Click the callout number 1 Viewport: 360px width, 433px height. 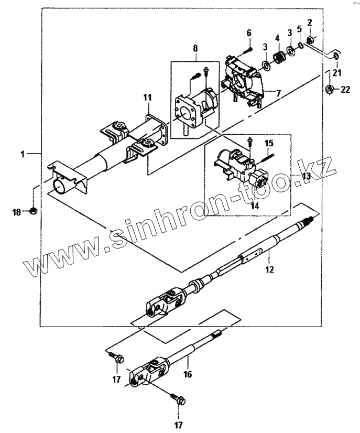pos(23,154)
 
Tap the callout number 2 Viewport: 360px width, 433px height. pos(310,22)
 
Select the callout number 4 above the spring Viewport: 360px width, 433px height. pos(277,38)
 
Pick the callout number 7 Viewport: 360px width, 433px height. pos(278,93)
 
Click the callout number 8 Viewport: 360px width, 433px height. pos(195,49)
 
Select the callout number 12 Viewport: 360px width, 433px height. pos(269,270)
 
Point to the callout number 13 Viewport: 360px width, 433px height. pos(306,176)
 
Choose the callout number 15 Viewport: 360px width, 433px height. pos(269,143)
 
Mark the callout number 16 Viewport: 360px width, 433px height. pos(188,374)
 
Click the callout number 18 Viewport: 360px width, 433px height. pos(18,212)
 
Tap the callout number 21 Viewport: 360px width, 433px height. pos(336,72)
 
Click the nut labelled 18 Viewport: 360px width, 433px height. pos(33,211)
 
